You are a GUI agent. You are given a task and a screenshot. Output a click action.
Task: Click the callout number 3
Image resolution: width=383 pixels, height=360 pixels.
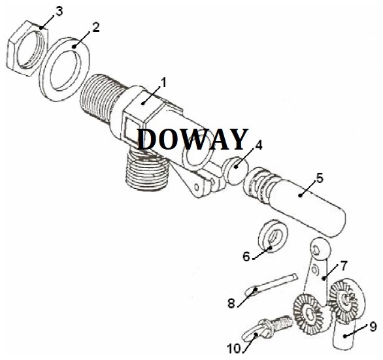tap(59, 11)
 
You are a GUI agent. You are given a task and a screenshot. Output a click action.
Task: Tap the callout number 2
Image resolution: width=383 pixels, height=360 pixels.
tap(95, 27)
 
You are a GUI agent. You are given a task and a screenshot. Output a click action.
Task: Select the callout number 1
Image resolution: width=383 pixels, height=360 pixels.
tap(163, 82)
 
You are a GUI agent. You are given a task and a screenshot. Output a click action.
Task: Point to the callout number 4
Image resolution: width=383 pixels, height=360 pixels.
tap(258, 145)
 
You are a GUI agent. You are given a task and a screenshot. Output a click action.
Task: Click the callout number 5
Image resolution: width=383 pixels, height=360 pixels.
tap(320, 178)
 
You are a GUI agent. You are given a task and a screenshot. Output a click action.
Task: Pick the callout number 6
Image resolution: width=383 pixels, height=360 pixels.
tap(246, 257)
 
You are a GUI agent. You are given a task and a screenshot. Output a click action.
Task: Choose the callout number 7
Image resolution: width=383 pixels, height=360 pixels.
tap(343, 266)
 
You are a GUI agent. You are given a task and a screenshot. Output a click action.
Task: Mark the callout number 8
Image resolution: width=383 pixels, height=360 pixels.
tap(231, 304)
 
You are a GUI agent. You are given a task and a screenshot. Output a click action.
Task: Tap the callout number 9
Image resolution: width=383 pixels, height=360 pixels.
tap(373, 327)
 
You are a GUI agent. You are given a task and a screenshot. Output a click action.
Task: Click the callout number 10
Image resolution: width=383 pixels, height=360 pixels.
tap(234, 348)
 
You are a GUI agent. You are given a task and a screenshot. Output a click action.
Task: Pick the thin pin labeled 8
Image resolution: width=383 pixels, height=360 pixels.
tap(271, 284)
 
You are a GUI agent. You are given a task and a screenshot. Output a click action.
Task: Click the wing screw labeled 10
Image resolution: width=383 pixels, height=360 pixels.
tap(267, 328)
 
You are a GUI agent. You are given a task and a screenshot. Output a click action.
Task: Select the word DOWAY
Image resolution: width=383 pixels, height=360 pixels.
tap(192, 139)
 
